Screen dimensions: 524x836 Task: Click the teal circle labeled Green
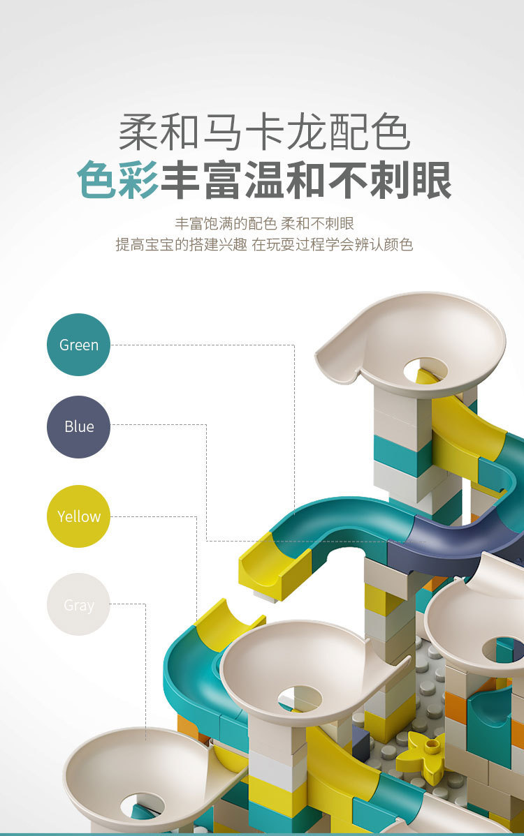point(78,345)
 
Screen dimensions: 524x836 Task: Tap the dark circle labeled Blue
point(78,426)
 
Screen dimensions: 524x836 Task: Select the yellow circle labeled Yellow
point(78,516)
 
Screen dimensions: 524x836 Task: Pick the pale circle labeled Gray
point(78,604)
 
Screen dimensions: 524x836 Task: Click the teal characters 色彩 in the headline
point(118,180)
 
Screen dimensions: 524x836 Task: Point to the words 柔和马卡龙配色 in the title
point(264,132)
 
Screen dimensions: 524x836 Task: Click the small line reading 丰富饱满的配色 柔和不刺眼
point(264,223)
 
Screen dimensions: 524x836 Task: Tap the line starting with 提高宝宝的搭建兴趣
point(264,244)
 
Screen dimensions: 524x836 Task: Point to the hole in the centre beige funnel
point(300,699)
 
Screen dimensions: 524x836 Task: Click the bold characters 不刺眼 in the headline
point(390,180)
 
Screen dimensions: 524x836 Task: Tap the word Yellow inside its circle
point(79,516)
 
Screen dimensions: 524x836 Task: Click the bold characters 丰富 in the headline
point(202,180)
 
